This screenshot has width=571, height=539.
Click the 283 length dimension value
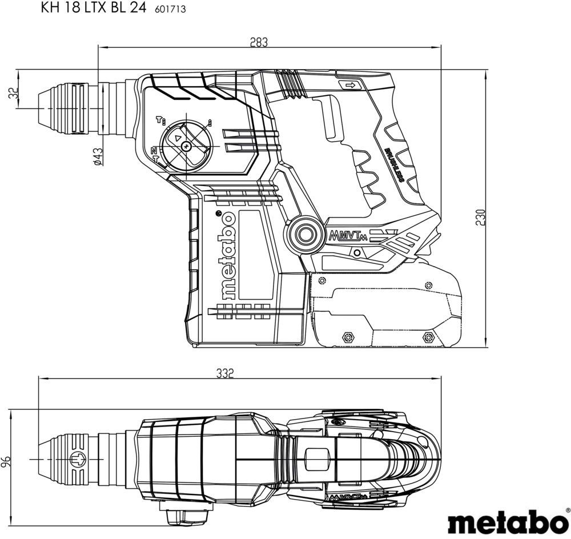(259, 42)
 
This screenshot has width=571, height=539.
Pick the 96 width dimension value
(7, 460)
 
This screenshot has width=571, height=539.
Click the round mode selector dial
(185, 146)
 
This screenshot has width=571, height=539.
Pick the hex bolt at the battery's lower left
(345, 337)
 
